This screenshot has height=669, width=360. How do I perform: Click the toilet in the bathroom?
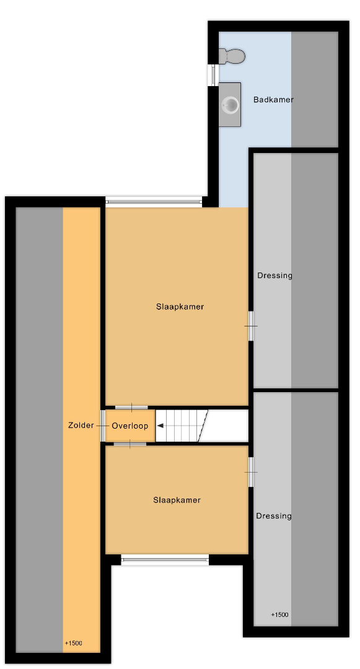232,56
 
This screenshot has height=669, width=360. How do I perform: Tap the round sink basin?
230,105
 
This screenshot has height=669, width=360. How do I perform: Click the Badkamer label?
273,100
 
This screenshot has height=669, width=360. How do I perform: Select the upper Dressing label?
274,276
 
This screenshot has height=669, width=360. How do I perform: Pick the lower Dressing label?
274,516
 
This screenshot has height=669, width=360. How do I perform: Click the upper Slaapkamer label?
180,307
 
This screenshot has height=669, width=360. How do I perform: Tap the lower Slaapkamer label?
177,501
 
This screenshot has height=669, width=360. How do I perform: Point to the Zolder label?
81,426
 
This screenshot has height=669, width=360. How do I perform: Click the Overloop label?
130,426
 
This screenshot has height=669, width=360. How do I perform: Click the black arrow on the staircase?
160,426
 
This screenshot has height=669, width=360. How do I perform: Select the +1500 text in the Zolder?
73,644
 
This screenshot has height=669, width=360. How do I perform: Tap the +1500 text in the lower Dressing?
280,615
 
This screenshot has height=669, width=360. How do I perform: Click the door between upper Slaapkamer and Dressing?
251,326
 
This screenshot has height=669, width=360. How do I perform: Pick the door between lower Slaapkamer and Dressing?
251,472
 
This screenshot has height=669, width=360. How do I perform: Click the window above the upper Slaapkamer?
154,202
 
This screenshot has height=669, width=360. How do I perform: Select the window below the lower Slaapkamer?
165,560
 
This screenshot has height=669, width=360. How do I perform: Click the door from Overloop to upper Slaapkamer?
131,408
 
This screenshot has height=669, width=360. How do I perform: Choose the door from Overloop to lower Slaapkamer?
130,444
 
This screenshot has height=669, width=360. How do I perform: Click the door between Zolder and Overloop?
103,426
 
